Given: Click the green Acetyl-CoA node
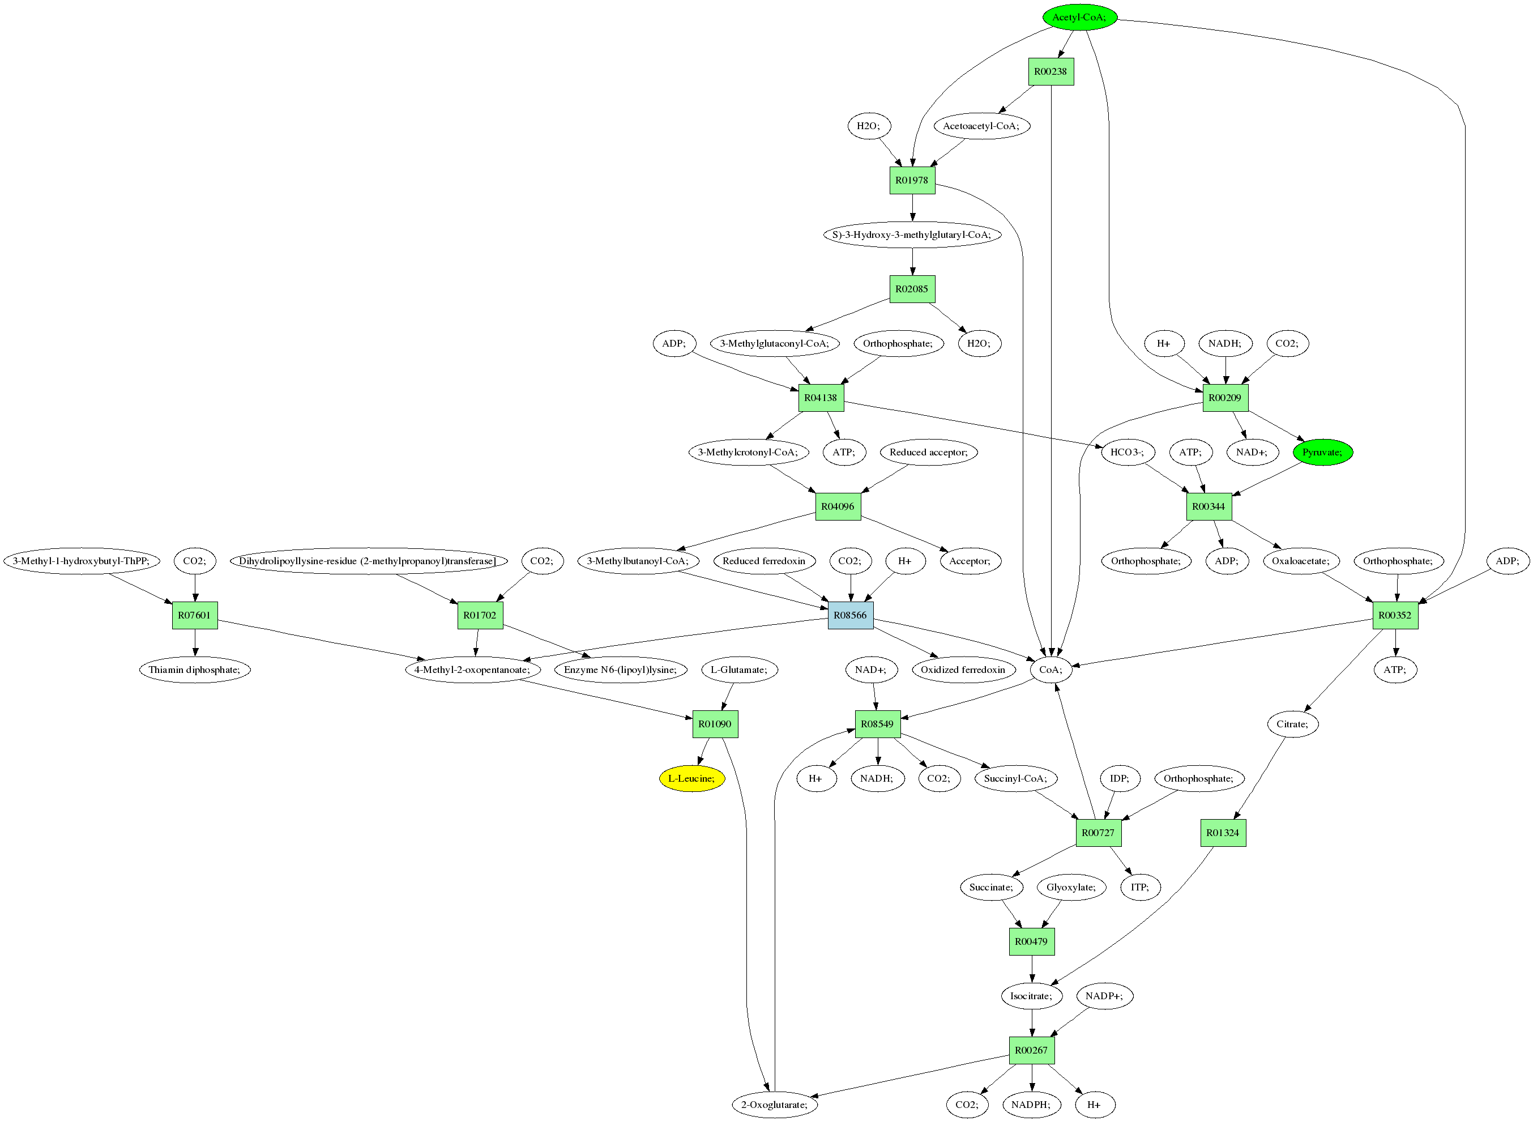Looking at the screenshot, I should pos(1079,18).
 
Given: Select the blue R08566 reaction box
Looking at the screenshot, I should pos(850,616).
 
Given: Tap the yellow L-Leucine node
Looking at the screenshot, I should pos(691,778).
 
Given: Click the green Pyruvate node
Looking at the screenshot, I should pos(1322,452).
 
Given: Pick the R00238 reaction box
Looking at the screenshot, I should pos(1051,72).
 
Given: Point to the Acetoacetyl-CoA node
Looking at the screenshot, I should pos(981,126).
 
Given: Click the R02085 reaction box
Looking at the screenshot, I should pos(912,289).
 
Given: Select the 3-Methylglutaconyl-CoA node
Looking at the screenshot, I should pos(774,343).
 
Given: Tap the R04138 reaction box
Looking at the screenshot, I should pos(821,398).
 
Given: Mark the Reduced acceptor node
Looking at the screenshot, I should pos(928,452).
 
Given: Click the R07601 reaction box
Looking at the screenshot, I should pos(195,616).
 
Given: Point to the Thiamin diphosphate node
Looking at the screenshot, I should pos(195,670).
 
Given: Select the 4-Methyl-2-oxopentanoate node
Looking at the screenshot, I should pos(473,670).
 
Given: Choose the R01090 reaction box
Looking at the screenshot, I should pos(715,724).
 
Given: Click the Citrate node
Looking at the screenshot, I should pos(1292,724).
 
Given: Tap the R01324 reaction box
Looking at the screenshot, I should pos(1223,833).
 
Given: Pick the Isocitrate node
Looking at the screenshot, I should pos(1031,996).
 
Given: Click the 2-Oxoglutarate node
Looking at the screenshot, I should pos(774,1105).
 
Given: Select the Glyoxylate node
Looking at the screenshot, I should pos(1071,887).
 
